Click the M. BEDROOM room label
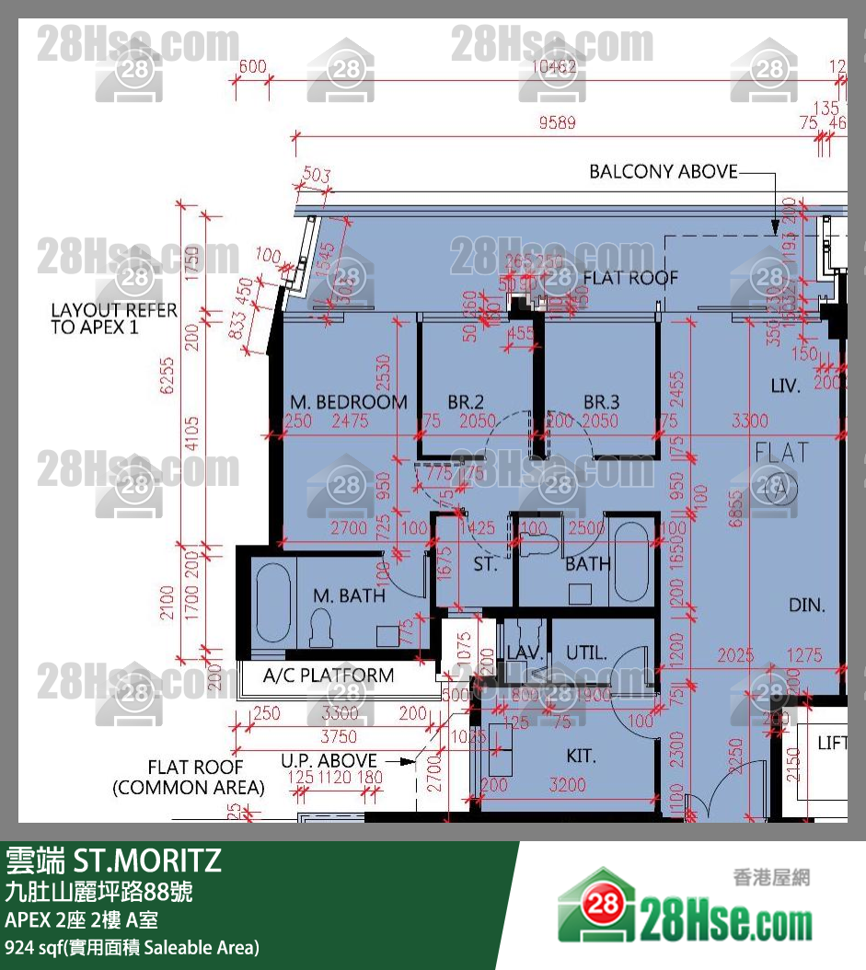pyautogui.click(x=348, y=402)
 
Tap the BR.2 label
pyautogui.click(x=466, y=402)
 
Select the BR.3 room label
pyautogui.click(x=601, y=402)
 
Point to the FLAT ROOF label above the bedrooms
pyautogui.click(x=630, y=277)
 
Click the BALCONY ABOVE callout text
pyautogui.click(x=663, y=172)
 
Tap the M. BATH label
pyautogui.click(x=349, y=595)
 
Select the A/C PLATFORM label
pyautogui.click(x=328, y=676)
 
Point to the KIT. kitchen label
pyautogui.click(x=581, y=756)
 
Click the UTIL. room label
pyautogui.click(x=586, y=653)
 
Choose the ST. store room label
pyautogui.click(x=485, y=564)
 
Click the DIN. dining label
pyautogui.click(x=806, y=606)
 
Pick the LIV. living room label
pyautogui.click(x=785, y=385)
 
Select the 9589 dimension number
pyautogui.click(x=558, y=123)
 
